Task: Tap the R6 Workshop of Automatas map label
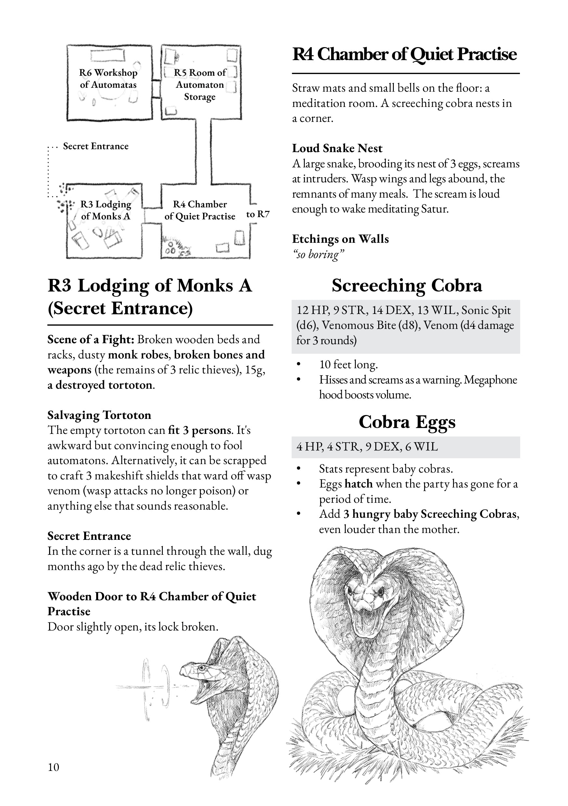pos(108,79)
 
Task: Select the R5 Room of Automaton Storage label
pos(200,84)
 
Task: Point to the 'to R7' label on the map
pos(258,214)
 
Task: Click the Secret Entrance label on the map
pos(96,146)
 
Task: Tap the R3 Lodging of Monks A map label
pos(106,210)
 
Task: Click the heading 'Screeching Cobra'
pos(407,285)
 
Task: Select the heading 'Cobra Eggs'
pos(407,422)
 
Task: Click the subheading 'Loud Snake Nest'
pos(337,148)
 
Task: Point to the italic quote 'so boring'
pos(318,254)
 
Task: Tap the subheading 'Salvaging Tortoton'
pos(99,415)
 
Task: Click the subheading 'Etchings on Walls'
pos(340,239)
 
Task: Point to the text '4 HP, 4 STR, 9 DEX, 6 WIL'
pos(367,447)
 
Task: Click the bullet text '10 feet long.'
pos(348,365)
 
